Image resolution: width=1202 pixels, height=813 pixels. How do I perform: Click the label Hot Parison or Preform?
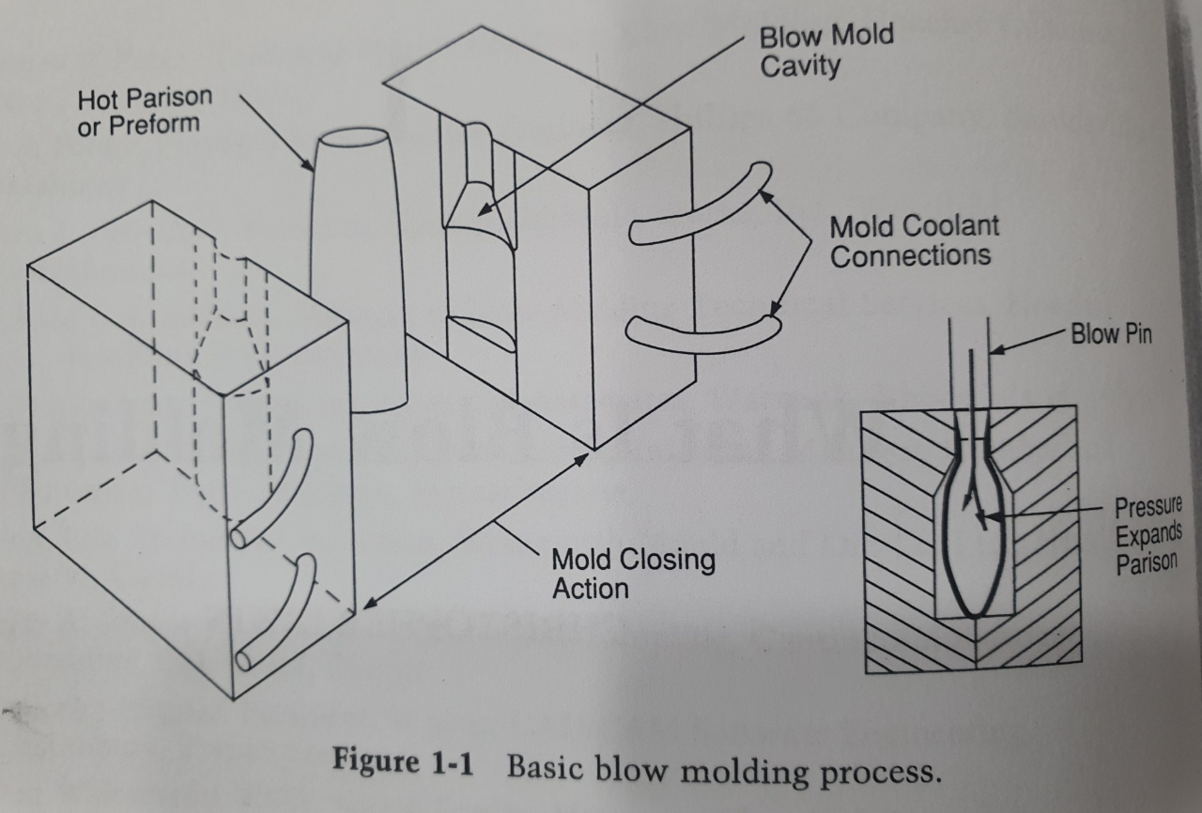(145, 110)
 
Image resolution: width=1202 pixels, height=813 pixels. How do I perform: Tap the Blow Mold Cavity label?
(825, 51)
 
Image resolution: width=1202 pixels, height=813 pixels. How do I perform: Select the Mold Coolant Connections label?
(914, 240)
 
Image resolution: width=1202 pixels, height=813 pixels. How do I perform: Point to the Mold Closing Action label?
(632, 574)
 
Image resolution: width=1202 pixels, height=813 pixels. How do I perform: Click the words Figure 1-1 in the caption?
(404, 762)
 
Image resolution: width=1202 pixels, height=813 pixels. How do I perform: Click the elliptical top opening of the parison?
(351, 138)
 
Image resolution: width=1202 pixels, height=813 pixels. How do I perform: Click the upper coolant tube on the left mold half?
(271, 487)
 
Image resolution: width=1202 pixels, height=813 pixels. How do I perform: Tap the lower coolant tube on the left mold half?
(277, 610)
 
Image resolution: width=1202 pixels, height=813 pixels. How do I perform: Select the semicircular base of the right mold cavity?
(481, 333)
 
